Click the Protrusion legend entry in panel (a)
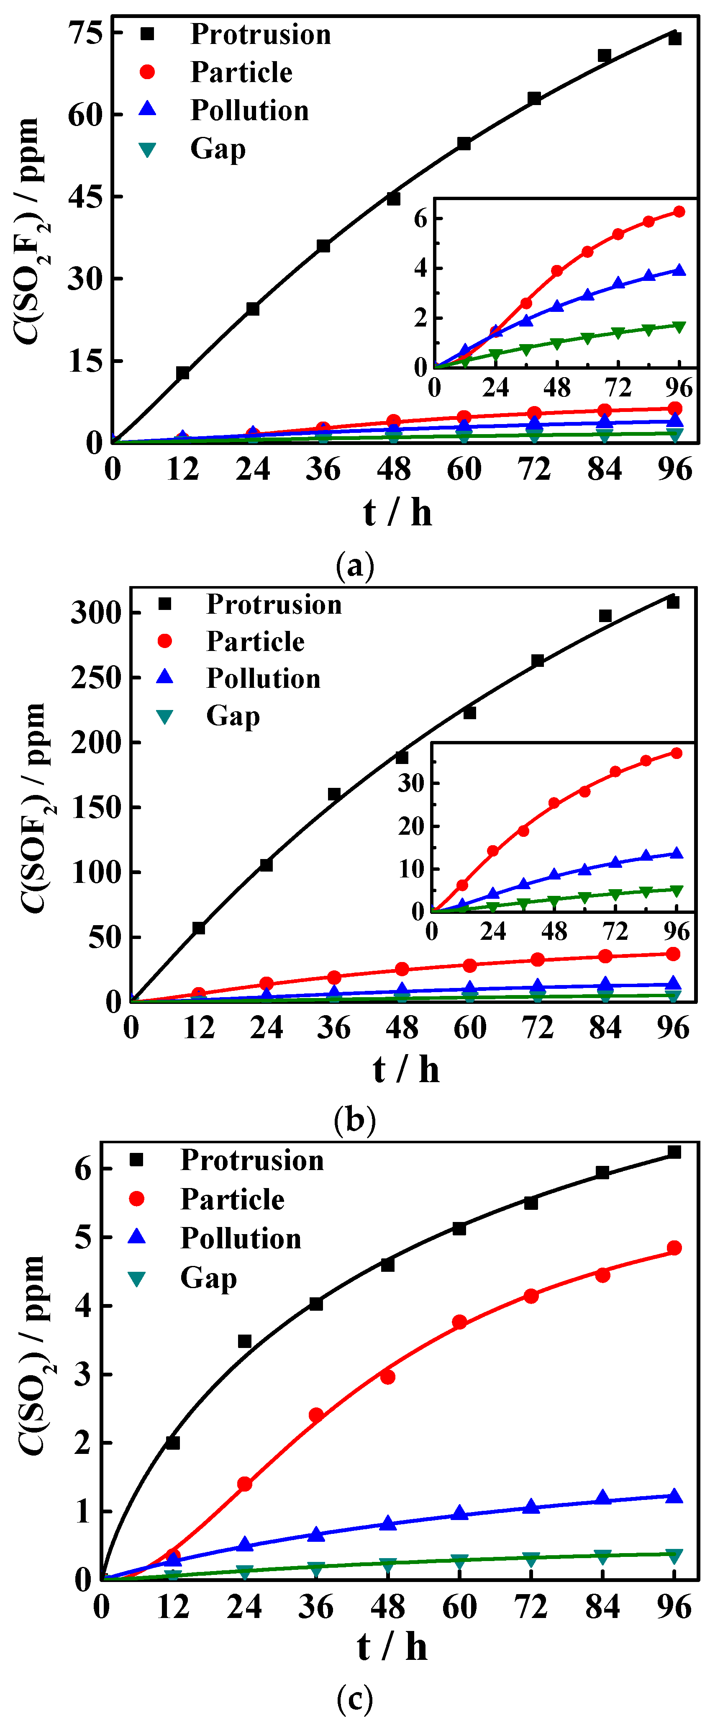click(260, 34)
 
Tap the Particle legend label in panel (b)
click(255, 641)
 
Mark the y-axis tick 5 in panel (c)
click(83, 1237)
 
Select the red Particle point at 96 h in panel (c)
click(674, 1248)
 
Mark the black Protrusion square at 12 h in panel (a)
click(182, 373)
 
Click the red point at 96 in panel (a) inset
click(679, 212)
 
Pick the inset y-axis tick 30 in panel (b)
click(410, 782)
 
